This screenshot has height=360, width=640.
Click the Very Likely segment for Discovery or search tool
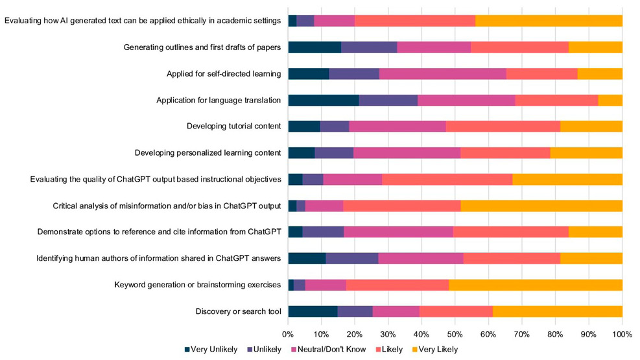tap(558, 311)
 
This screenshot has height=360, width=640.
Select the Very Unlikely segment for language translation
tap(323, 100)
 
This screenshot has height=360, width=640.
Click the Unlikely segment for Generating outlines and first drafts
tap(369, 47)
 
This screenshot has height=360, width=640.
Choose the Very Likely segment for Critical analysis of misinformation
tap(541, 206)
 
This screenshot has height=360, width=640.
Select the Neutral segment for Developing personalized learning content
tap(407, 152)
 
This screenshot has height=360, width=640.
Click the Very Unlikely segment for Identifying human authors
tap(307, 258)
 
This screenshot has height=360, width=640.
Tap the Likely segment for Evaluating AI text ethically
tap(415, 20)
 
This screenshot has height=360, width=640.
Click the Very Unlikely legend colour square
tap(188, 350)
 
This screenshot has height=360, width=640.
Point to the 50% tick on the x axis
tap(455, 334)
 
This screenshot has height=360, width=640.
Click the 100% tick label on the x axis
tap(622, 334)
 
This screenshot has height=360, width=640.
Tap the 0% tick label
tap(288, 334)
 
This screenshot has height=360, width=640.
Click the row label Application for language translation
tap(219, 100)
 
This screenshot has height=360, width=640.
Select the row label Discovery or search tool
tap(238, 311)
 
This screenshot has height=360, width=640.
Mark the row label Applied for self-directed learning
tap(224, 73)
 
